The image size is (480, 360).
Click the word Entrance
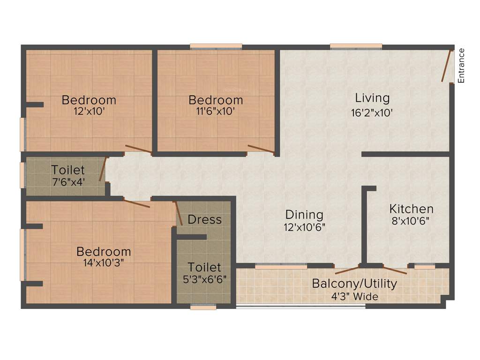(x=461, y=66)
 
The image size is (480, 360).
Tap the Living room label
(x=372, y=98)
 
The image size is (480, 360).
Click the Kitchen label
(x=412, y=209)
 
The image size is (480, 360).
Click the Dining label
(x=305, y=215)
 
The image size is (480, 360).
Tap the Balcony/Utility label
(x=354, y=284)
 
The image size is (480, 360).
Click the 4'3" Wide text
(x=354, y=296)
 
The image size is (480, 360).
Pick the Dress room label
(x=204, y=219)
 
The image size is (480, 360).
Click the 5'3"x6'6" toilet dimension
(x=204, y=279)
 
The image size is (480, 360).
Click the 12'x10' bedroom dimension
(x=89, y=112)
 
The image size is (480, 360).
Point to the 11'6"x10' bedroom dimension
(x=216, y=112)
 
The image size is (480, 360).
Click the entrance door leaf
(x=447, y=65)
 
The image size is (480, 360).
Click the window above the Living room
(x=356, y=46)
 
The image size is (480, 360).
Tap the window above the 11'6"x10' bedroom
(x=216, y=46)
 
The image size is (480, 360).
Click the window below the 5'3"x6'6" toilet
(x=203, y=307)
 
